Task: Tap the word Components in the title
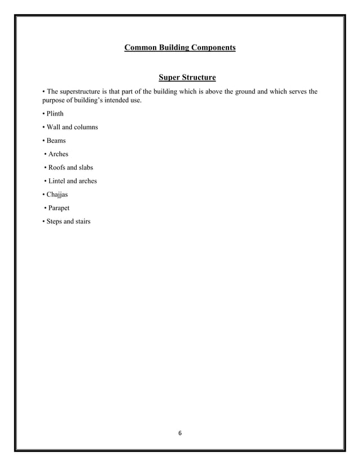coord(212,49)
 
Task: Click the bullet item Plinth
coord(55,114)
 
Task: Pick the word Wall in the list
coord(54,127)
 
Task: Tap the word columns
coord(85,127)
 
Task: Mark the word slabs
coord(84,168)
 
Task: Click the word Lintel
coord(59,181)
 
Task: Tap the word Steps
coord(56,222)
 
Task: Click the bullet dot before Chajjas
coord(43,195)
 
